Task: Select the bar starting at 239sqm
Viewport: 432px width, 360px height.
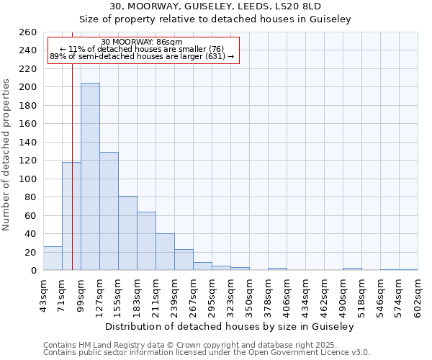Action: pos(184,260)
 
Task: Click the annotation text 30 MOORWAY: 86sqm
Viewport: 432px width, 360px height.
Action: pos(142,42)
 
